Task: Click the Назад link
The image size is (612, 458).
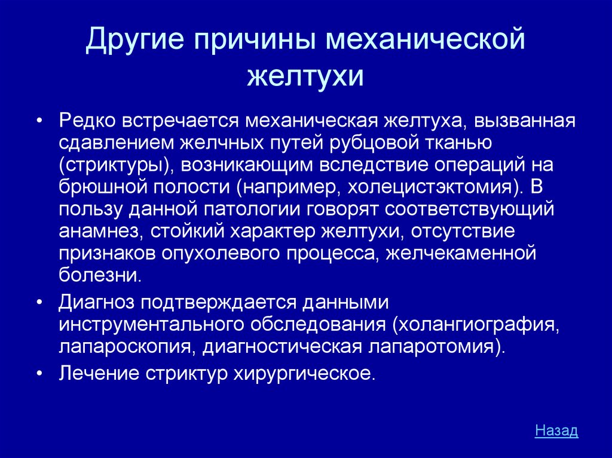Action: [x=556, y=430]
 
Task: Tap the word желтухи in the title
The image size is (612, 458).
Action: [x=305, y=75]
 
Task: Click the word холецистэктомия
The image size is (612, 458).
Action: [x=429, y=187]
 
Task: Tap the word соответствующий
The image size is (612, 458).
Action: [x=470, y=210]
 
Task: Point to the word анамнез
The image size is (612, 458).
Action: [x=99, y=232]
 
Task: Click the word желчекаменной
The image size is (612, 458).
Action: [x=461, y=253]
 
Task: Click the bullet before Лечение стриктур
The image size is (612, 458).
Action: [x=39, y=374]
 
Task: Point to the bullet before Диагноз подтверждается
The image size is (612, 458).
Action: [x=39, y=303]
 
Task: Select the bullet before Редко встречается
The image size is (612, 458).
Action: [x=39, y=121]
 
